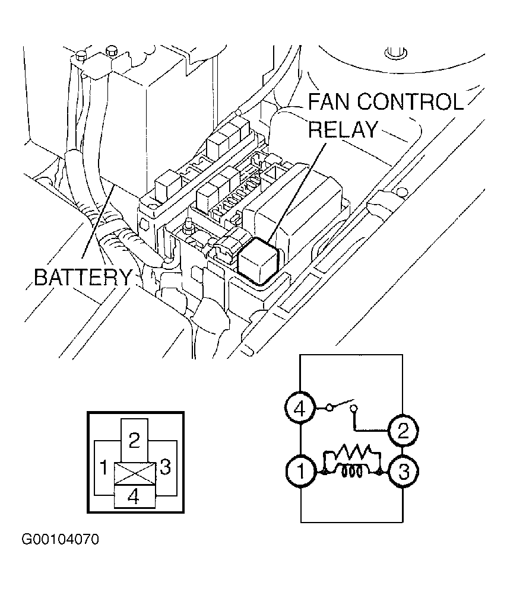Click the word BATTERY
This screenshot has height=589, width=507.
83,277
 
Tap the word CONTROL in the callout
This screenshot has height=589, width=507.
410,102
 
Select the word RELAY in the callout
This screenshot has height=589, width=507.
343,129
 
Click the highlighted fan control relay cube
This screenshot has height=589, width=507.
258,260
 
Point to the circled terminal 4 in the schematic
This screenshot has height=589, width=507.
300,409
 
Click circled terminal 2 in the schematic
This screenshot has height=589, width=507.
403,430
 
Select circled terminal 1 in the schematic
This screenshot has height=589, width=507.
300,472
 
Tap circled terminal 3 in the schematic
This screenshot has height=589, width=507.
403,472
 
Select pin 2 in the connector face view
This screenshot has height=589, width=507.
134,440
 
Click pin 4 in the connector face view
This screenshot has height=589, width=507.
134,496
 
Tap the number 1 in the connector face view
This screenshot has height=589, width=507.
104,468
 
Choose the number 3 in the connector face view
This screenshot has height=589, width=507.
166,467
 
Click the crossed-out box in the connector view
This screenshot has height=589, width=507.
134,473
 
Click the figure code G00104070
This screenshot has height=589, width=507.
61,540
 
